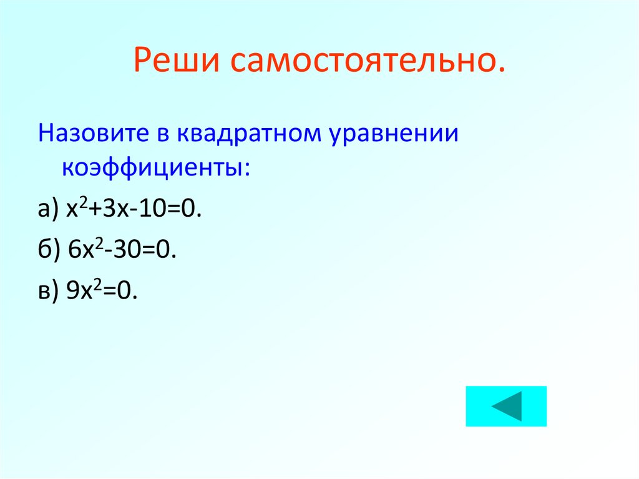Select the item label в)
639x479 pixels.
pos(47,290)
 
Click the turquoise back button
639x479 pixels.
pos(505,406)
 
